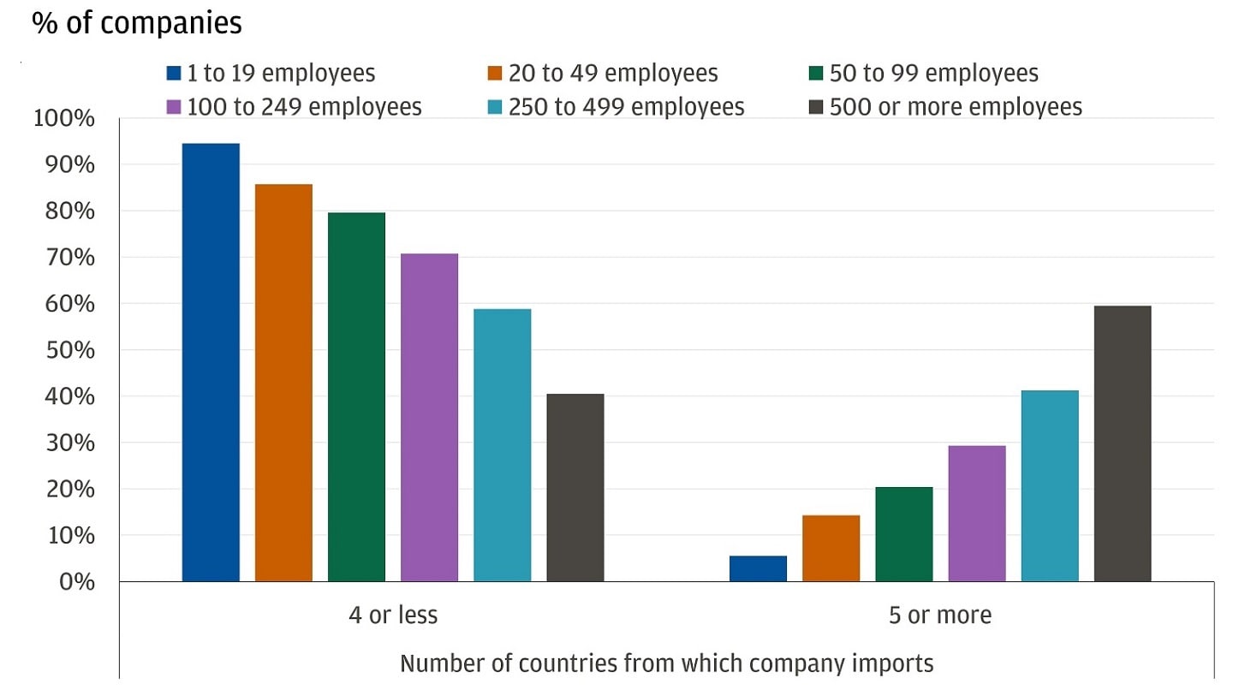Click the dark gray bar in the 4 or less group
point(575,488)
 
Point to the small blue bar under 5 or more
point(758,569)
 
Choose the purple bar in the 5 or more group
point(977,514)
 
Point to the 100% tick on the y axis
point(63,118)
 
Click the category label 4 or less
point(393,615)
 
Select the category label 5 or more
point(940,615)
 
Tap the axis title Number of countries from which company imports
point(666,663)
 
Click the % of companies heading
point(137,23)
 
